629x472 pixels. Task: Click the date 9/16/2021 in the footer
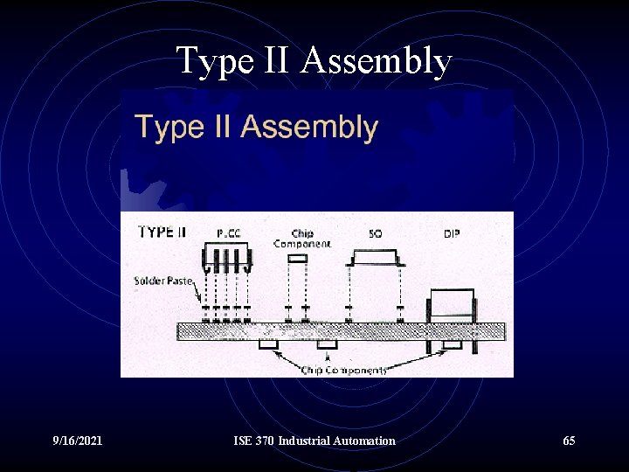click(78, 441)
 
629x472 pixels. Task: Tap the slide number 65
click(569, 441)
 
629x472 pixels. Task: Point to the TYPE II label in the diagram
click(162, 233)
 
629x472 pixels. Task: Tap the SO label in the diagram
click(376, 234)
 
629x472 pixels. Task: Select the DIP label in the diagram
click(453, 234)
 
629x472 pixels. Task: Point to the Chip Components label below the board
click(343, 370)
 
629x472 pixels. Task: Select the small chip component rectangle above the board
click(298, 260)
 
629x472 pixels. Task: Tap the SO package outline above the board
click(375, 258)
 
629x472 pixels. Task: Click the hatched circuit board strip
click(341, 331)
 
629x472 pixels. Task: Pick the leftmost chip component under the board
click(267, 345)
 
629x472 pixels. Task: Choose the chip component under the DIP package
click(453, 345)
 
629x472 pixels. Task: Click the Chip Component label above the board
click(301, 239)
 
